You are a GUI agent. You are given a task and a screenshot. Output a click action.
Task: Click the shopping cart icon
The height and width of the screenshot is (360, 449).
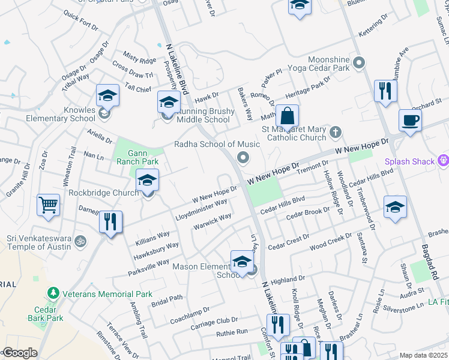[48, 204]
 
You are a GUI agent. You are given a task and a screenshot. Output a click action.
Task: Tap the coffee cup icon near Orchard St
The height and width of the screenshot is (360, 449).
[411, 119]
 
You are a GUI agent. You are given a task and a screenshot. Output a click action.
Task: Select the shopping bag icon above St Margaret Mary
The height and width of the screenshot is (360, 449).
[288, 116]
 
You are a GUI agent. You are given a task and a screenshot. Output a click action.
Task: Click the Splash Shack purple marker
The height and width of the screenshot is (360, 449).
[444, 160]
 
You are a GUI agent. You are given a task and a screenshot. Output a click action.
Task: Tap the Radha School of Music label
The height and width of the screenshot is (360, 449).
[217, 144]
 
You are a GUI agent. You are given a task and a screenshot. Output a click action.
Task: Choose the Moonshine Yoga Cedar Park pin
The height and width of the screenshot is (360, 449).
[359, 62]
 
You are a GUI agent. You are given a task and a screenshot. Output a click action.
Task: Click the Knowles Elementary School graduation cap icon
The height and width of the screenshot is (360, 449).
[107, 95]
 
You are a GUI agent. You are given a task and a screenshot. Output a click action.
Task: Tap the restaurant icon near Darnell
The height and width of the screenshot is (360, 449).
[110, 221]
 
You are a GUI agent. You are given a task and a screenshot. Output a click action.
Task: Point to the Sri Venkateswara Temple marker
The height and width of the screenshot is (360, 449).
[81, 241]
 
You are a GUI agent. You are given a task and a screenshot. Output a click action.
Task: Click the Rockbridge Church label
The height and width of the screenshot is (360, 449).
[99, 193]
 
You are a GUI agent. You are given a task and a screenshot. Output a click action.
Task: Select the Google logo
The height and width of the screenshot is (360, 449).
[19, 352]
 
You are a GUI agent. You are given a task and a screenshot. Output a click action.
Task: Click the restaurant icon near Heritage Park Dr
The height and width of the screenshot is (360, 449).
[385, 91]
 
